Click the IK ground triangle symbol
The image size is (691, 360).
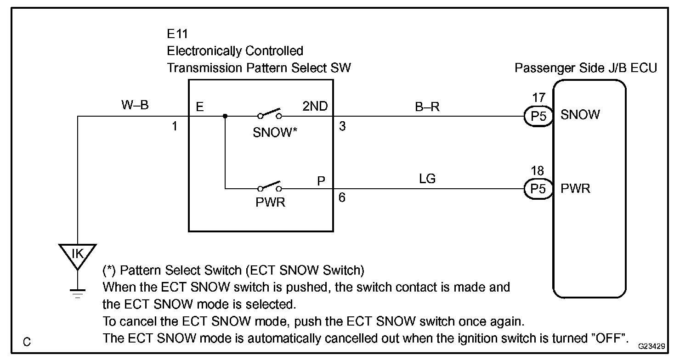click(78, 254)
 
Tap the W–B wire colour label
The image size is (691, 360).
click(135, 105)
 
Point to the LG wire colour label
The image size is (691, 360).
click(427, 179)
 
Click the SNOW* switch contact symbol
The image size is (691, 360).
click(270, 114)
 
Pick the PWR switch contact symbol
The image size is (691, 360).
click(270, 187)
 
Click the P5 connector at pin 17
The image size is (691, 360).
click(538, 116)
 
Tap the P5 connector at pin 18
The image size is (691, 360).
click(538, 189)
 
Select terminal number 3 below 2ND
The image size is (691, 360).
click(343, 126)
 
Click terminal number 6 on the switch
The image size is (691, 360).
click(343, 198)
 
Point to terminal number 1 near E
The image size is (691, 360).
click(175, 126)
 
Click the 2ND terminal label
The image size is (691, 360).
click(315, 107)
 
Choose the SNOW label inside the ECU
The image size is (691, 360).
click(580, 115)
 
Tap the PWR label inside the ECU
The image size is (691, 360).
click(575, 188)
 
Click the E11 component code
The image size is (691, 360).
click(177, 34)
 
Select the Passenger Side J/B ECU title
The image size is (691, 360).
click(586, 68)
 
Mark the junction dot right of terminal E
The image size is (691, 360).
click(225, 116)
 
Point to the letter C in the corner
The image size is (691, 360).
click(27, 342)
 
